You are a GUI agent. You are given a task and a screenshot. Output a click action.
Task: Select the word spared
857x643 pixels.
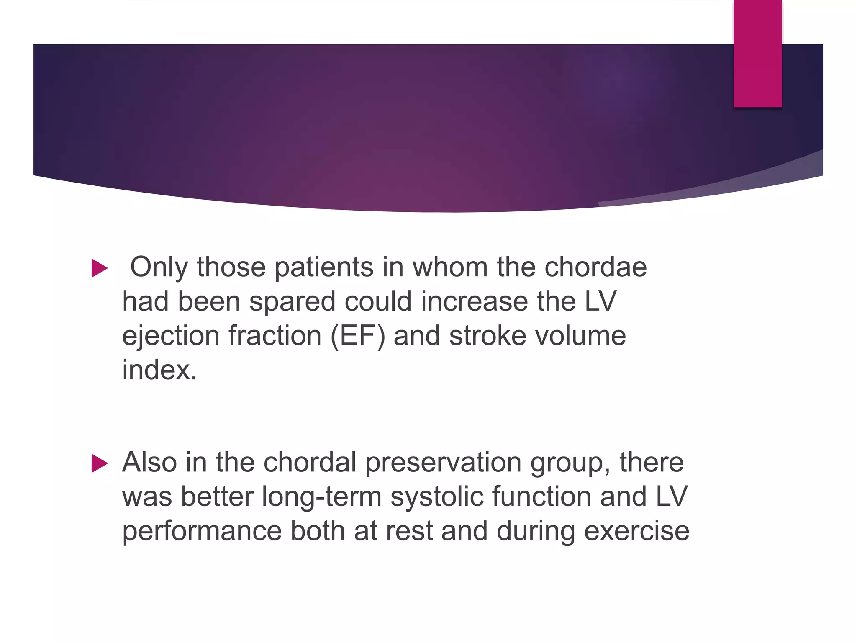[x=292, y=302]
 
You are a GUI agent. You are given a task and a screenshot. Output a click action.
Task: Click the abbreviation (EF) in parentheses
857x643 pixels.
[x=358, y=336]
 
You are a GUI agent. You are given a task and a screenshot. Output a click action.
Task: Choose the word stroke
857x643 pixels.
[x=488, y=336]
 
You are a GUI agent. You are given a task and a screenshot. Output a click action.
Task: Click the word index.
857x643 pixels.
[x=159, y=370]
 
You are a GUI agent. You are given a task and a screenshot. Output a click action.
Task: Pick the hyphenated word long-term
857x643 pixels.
[x=321, y=497]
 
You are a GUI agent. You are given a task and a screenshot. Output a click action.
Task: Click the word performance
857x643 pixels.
[x=202, y=531]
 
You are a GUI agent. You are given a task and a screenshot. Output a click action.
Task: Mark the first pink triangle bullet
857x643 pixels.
[x=100, y=268]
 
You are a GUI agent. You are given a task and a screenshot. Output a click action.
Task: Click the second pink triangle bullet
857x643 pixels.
[x=100, y=463]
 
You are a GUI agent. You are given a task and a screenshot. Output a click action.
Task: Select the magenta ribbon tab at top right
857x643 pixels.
[x=757, y=54]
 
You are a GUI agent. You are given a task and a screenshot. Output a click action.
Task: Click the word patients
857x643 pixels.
[x=324, y=267]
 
